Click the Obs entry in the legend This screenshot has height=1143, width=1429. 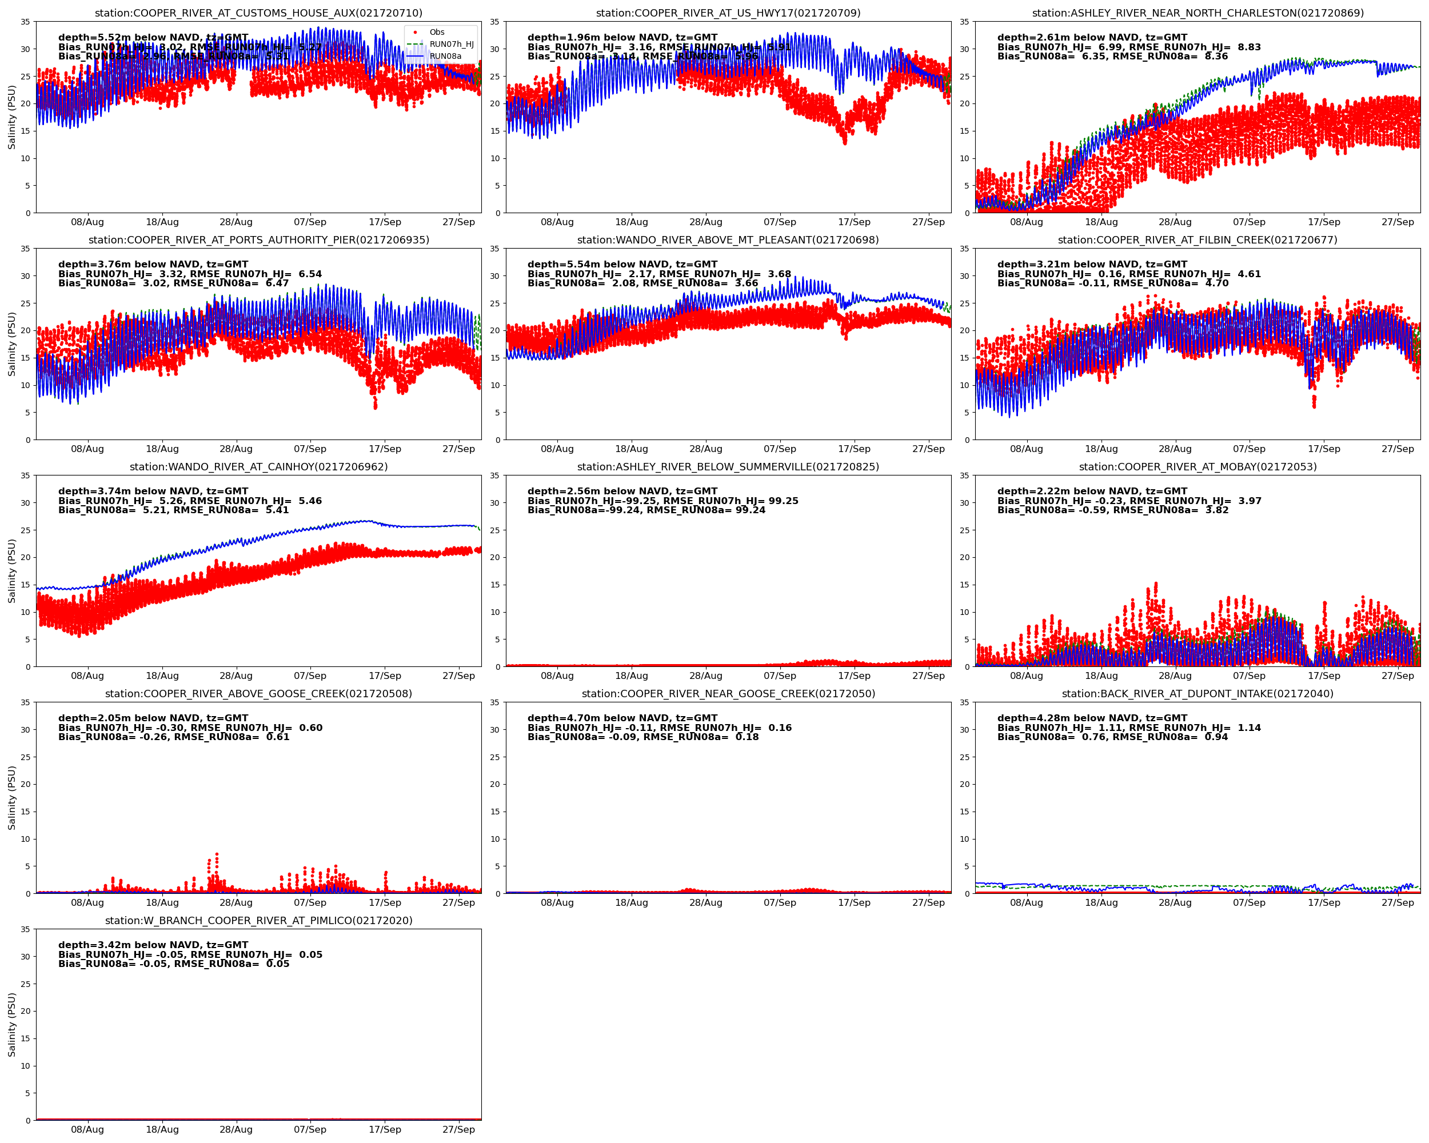(436, 32)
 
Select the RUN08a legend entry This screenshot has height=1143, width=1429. (445, 57)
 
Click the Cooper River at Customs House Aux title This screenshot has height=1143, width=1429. (258, 13)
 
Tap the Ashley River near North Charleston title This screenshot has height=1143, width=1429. (1197, 13)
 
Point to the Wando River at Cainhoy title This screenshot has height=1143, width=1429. (258, 466)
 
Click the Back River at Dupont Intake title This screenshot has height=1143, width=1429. (1197, 694)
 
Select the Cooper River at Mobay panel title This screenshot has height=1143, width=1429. (1197, 466)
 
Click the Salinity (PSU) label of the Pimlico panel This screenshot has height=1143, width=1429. (11, 1024)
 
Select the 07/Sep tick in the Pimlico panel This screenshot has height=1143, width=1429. (310, 1129)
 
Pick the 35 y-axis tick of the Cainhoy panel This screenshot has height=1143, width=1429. (25, 475)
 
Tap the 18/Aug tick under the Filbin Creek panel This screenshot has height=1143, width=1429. (1101, 449)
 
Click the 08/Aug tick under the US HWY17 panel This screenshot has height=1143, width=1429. (557, 222)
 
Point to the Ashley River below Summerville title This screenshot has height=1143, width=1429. (728, 466)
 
